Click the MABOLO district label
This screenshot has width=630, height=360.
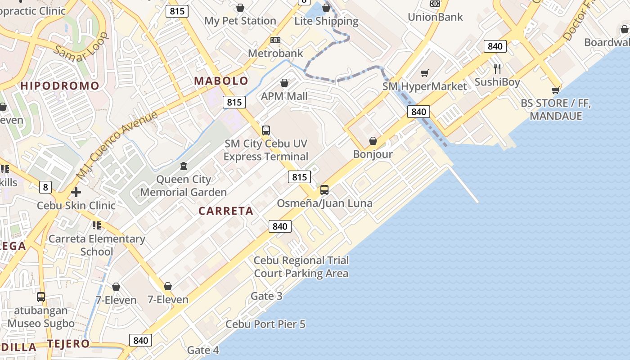click(221, 81)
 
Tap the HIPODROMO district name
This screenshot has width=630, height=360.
click(60, 86)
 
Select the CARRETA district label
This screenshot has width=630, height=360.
click(226, 211)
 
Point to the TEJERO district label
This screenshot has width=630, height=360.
click(68, 344)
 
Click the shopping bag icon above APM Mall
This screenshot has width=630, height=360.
click(284, 83)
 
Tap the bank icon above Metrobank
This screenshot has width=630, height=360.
click(275, 40)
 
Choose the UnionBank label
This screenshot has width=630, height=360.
click(435, 17)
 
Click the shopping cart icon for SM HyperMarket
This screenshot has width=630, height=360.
click(424, 73)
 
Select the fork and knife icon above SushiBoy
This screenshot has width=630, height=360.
click(497, 68)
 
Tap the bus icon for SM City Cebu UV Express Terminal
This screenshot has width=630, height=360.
click(266, 130)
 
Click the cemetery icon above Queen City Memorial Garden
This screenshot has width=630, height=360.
click(183, 166)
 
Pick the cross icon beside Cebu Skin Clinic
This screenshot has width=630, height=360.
click(76, 193)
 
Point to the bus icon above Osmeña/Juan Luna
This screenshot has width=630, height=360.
click(324, 190)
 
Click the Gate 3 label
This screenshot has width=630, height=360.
click(266, 296)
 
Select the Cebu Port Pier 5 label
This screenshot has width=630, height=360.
click(265, 324)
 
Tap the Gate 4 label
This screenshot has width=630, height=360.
click(203, 350)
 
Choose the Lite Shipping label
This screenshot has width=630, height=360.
click(326, 21)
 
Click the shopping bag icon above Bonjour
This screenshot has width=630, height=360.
click(373, 141)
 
